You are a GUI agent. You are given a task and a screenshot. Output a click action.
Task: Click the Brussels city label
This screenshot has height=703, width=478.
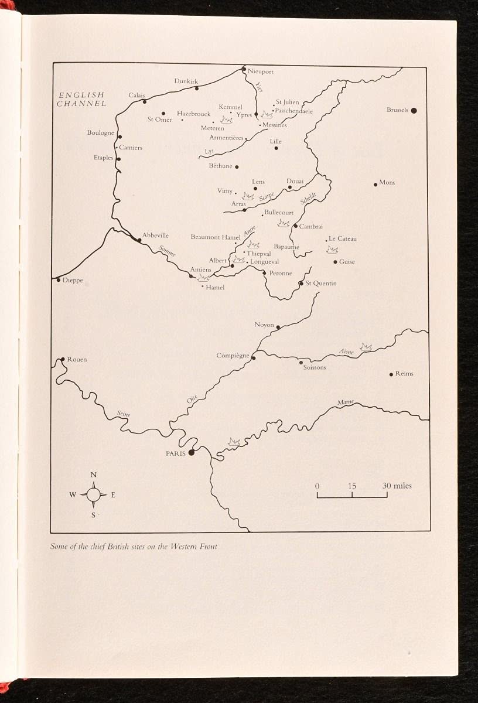[397, 110]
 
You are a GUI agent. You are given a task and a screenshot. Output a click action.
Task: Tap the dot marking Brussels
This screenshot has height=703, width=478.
[414, 110]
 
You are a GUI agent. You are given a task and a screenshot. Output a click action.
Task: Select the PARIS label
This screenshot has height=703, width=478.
[175, 453]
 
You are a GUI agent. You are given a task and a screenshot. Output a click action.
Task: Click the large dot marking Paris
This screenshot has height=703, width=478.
[191, 452]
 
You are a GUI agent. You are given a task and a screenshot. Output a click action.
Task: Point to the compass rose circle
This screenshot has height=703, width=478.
[93, 494]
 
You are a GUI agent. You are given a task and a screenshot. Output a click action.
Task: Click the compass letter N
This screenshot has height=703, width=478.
[94, 475]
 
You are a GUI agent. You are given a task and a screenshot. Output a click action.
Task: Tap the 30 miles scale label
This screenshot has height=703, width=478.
[397, 486]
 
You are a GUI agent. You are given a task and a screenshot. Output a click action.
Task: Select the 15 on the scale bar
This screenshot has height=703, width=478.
[351, 486]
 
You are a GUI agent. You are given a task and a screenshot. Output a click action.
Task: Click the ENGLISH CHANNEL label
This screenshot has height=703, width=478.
[81, 99]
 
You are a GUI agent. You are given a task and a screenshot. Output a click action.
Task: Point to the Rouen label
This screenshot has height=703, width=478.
[77, 359]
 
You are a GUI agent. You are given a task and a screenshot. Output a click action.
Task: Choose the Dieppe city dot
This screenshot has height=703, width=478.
[59, 280]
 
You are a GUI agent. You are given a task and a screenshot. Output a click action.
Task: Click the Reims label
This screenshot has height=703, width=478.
[404, 374]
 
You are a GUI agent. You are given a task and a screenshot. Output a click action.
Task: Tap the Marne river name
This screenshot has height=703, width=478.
[346, 403]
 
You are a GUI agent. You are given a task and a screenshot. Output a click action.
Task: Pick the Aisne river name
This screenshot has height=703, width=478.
[347, 351]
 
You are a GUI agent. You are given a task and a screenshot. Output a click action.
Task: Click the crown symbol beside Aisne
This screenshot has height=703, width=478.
[366, 347]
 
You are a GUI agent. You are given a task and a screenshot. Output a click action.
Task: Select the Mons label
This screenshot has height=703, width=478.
[387, 183]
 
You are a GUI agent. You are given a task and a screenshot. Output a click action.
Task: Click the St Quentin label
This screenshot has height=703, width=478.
[322, 284]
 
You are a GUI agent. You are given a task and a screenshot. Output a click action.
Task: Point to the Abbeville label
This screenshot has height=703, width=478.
[155, 236]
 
